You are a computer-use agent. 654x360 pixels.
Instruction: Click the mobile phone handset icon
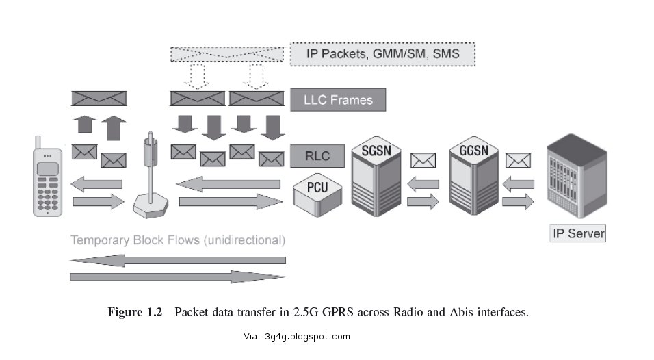pos(47,181)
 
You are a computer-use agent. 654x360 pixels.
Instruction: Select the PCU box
pos(316,191)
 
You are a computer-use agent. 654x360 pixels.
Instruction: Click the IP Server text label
pos(579,233)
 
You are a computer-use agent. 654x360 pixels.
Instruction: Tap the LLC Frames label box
pos(338,100)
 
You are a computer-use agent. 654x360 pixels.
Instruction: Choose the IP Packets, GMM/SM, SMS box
pos(382,53)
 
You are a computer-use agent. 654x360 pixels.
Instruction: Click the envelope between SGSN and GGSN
pos(423,160)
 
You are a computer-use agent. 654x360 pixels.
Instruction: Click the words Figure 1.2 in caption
pos(135,312)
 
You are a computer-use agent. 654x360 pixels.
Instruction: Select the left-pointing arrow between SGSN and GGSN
pos(423,183)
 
